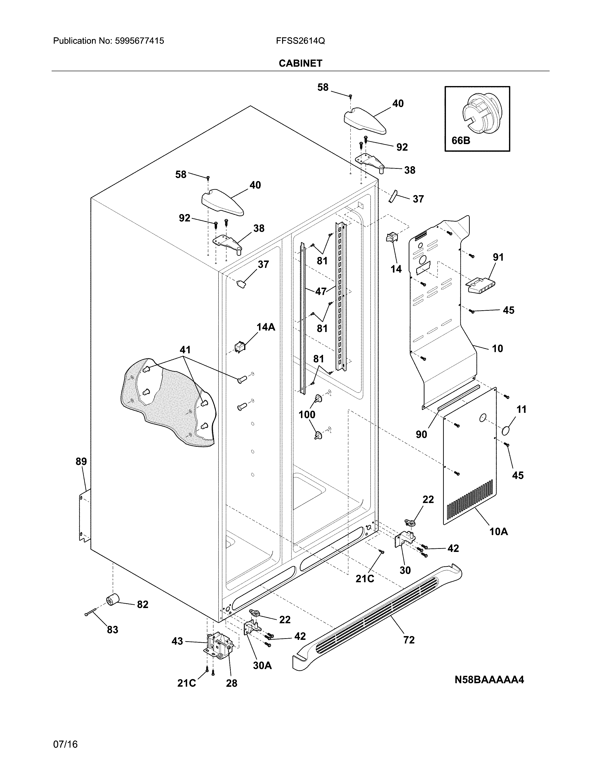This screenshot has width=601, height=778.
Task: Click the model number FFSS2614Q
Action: (x=300, y=41)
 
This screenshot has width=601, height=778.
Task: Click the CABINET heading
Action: (x=300, y=63)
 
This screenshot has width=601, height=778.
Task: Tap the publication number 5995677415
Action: (x=140, y=41)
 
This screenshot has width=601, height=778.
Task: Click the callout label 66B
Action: (x=461, y=141)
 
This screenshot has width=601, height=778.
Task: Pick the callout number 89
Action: (x=81, y=462)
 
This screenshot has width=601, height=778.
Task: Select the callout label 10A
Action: (x=498, y=531)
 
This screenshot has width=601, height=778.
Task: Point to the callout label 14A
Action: (x=266, y=327)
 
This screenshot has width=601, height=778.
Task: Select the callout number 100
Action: (x=307, y=415)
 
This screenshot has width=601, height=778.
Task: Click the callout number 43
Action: (x=177, y=641)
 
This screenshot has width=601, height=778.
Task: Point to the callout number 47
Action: (x=321, y=291)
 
